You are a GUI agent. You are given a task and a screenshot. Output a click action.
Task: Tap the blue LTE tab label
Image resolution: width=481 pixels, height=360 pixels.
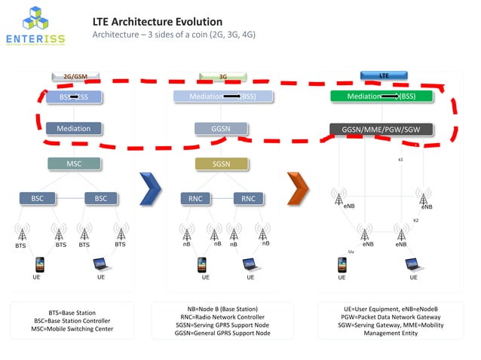[384, 75]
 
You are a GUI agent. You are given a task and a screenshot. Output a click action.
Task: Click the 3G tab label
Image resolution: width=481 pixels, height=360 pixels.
[223, 77]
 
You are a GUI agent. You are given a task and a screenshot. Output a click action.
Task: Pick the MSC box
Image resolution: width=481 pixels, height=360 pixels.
[74, 163]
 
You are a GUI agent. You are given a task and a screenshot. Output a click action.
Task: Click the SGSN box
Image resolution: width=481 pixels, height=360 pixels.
[222, 163]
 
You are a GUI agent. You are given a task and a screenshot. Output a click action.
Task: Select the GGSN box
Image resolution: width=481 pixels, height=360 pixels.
[221, 129]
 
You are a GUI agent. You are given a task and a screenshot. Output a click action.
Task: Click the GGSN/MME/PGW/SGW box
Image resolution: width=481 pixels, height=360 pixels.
[381, 130]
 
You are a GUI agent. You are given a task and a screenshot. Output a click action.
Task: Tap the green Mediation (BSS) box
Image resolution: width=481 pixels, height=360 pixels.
[381, 96]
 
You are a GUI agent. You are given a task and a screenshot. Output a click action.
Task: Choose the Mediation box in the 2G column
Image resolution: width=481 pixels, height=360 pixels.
[73, 129]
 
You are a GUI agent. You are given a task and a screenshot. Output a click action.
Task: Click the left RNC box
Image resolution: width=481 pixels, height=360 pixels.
[195, 199]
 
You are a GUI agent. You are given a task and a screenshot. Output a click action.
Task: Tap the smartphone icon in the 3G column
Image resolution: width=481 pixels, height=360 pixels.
[201, 264]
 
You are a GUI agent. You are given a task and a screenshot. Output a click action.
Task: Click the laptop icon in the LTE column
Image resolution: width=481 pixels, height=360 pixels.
[413, 264]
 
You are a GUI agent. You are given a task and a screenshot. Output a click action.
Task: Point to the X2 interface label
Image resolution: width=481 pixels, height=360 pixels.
[415, 221]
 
